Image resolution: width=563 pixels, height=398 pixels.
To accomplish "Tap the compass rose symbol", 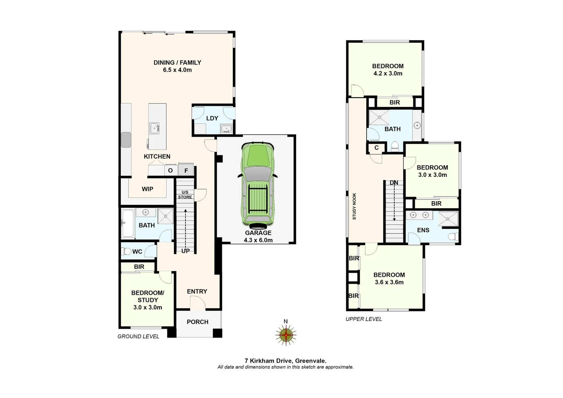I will click(286, 335).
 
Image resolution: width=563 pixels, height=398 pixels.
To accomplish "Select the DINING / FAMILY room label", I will click(177, 63).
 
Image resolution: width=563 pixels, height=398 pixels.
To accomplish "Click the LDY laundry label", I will click(212, 118).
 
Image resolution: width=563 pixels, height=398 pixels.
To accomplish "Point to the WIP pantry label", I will click(147, 189).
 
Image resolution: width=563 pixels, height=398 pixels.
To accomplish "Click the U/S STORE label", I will click(185, 195).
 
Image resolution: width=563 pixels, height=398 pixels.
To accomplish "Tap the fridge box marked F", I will click(186, 170).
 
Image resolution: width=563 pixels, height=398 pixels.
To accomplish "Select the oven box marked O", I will click(170, 170).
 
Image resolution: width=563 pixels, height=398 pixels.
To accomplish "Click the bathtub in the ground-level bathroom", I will click(128, 223).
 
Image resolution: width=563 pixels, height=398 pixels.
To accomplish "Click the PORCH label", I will click(197, 322).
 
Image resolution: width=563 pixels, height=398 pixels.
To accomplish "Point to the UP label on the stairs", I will click(185, 251).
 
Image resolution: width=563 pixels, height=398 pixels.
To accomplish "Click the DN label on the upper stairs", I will click(394, 183).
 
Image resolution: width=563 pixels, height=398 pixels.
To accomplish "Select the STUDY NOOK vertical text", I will click(354, 206).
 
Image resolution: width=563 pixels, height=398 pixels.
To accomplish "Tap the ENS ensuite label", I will click(423, 230).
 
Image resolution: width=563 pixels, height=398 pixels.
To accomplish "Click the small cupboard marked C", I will click(376, 148).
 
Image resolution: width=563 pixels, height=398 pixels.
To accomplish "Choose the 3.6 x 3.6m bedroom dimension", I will click(389, 282).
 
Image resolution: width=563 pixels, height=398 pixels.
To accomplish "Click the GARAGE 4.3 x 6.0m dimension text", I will click(258, 240).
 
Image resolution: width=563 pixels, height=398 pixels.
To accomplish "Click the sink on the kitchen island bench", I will click(154, 128).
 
